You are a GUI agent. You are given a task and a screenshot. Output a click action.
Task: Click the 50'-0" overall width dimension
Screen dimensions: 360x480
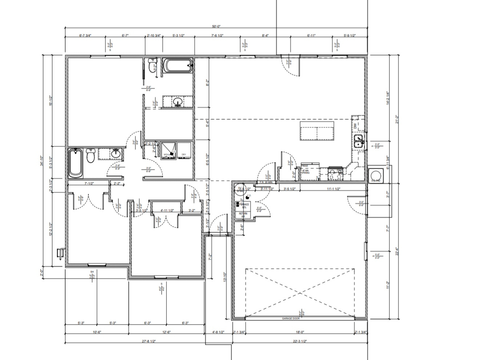(x=216, y=26)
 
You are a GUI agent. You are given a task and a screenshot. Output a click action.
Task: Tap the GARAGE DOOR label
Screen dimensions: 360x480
(x=291, y=319)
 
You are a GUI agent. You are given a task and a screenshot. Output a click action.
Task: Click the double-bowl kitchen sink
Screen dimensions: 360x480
(x=359, y=140)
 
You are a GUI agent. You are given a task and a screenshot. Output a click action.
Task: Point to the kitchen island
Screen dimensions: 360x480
(x=317, y=131)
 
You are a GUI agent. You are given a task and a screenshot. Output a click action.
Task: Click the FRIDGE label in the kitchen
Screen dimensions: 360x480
(x=305, y=166)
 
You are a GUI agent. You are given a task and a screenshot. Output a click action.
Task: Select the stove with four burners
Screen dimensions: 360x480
(x=335, y=174)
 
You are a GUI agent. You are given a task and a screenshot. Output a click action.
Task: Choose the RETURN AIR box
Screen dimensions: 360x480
(x=243, y=215)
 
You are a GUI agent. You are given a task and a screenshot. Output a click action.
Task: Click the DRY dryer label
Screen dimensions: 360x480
(x=184, y=155)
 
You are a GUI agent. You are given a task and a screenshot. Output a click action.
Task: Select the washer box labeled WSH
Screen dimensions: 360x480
(x=167, y=155)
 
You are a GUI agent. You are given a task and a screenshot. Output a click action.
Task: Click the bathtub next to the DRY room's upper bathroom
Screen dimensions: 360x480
(x=177, y=66)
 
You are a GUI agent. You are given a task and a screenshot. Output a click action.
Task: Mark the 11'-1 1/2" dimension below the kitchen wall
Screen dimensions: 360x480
(x=333, y=189)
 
